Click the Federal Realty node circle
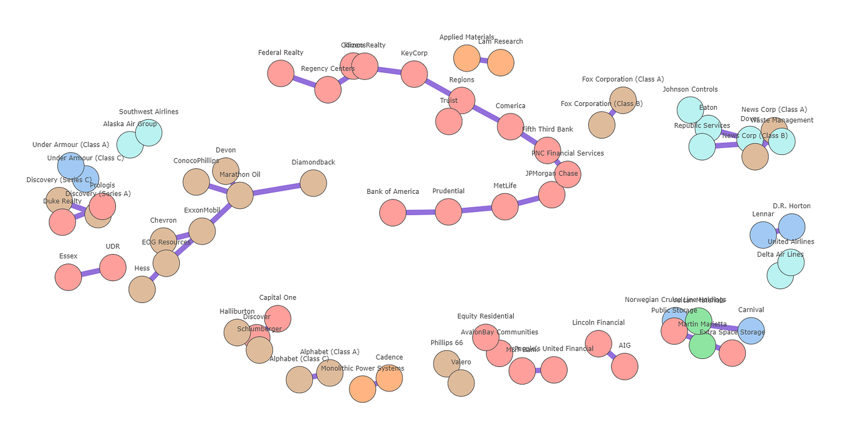pos(281,73)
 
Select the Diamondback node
pos(313,183)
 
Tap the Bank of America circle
pos(393,213)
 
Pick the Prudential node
pos(448,212)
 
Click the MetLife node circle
pos(505,206)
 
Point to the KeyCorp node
pos(414,74)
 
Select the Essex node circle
pos(68,277)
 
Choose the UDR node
pos(113,267)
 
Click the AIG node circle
pos(624,366)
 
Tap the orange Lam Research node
pos(501,63)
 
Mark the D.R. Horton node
pos(791,227)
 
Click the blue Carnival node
pos(751,331)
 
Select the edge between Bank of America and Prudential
pos(420,212)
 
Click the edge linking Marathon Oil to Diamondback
pos(276,189)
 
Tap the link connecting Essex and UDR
pos(91,272)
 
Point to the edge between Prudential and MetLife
pos(476,209)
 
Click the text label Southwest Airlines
pos(149,112)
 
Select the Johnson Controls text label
pos(690,89)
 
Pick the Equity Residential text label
pos(486,316)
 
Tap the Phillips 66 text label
pos(446,343)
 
